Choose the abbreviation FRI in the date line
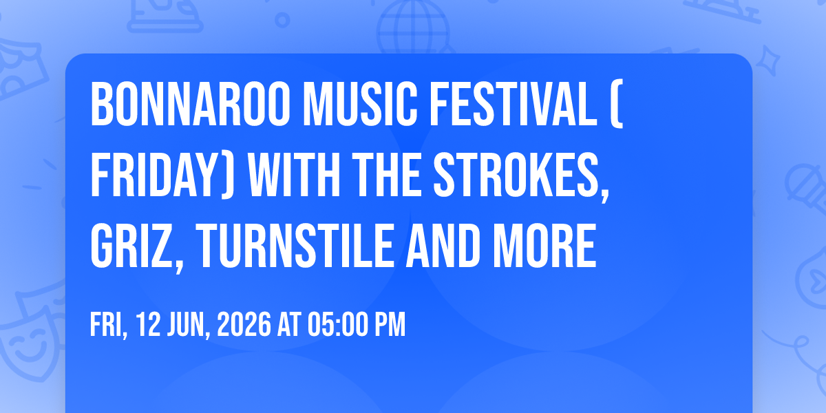click(106, 324)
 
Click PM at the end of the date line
click(390, 324)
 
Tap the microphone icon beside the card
click(802, 182)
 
